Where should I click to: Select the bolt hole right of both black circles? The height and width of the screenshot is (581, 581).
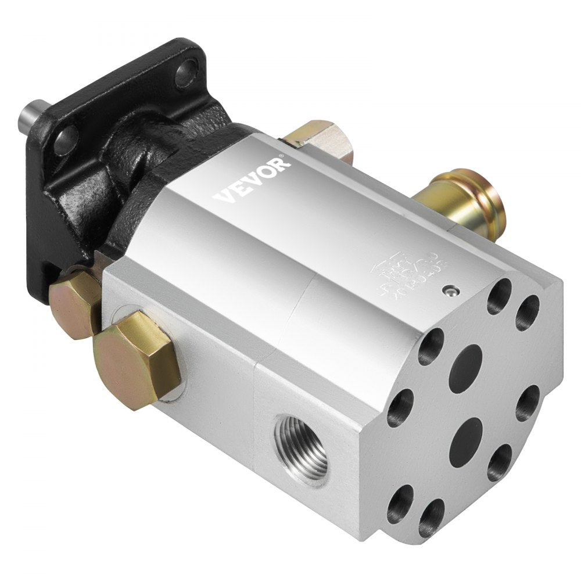(x=529, y=401)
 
